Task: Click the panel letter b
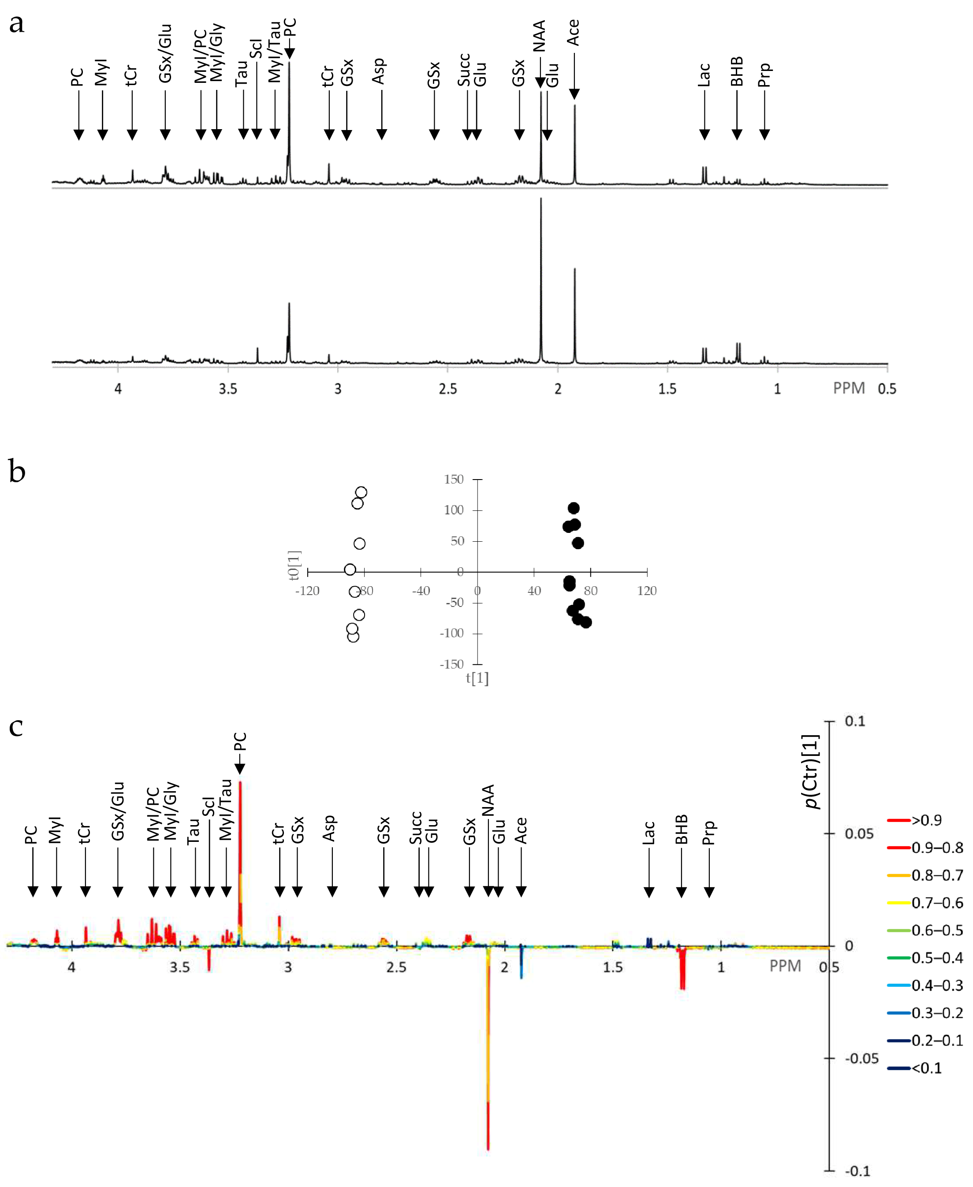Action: click(17, 471)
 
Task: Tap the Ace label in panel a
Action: click(573, 33)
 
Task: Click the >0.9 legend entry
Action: click(926, 820)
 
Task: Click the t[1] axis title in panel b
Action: click(477, 678)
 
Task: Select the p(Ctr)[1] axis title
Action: click(812, 772)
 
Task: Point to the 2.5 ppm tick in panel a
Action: click(447, 389)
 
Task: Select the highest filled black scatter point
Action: click(574, 508)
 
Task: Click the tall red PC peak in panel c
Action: click(240, 841)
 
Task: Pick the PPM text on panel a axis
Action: click(849, 388)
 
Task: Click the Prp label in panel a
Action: click(764, 75)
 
